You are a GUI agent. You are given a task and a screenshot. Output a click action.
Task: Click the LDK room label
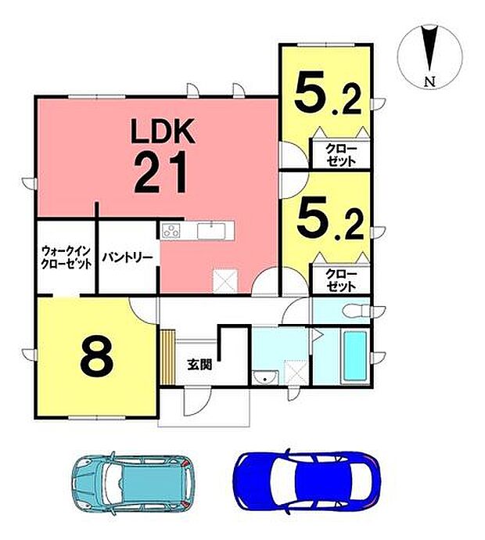click(162, 131)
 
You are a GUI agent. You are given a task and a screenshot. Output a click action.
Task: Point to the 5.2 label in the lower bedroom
click(326, 221)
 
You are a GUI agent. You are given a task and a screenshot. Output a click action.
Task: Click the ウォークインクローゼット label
click(66, 258)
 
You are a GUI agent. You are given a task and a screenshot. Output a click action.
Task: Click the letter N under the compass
click(427, 81)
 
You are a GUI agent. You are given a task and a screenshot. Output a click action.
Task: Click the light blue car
click(126, 481)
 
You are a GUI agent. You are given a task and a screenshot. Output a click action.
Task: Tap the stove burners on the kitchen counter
click(171, 231)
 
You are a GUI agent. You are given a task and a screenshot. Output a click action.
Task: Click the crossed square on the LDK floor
click(225, 279)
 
